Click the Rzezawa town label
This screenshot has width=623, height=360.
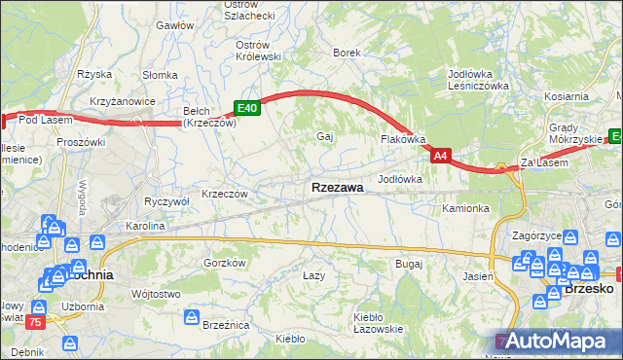tap(338, 187)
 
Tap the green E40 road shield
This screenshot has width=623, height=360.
tap(245, 109)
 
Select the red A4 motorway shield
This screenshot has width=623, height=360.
tap(441, 155)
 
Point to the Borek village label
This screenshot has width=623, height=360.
tap(347, 53)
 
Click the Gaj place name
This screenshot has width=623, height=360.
tap(325, 136)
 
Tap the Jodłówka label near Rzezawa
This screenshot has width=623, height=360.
tap(399, 179)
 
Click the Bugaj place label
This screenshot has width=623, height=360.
tap(408, 264)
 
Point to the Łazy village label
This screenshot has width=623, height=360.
tap(313, 275)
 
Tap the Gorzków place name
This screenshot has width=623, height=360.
tap(223, 263)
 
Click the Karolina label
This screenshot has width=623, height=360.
tap(144, 225)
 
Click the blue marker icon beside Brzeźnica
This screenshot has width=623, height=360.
tap(193, 318)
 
